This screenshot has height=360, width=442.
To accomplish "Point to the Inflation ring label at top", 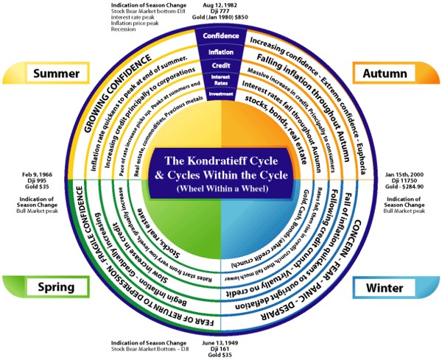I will point(220,52).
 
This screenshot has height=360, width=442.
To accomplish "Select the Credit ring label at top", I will point(220,66).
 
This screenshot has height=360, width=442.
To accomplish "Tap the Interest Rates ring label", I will point(220,80).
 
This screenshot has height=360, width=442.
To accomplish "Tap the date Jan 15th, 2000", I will point(404,174).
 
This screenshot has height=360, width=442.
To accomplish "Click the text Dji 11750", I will point(404,182).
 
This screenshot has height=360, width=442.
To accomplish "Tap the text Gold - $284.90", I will point(404,189).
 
